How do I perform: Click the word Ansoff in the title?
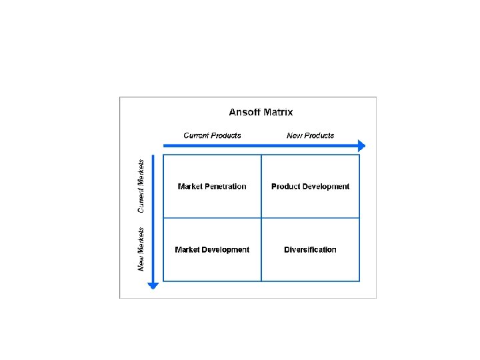click(x=245, y=113)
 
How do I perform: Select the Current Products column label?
click(x=212, y=135)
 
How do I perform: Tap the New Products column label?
click(x=310, y=135)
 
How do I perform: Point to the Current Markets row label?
click(x=141, y=186)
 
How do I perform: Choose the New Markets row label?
click(x=141, y=249)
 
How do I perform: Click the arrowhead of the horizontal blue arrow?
click(x=361, y=145)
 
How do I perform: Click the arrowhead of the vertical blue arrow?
click(x=153, y=285)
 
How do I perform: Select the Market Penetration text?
click(x=212, y=187)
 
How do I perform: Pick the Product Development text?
click(x=310, y=187)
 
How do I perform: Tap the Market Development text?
click(x=212, y=250)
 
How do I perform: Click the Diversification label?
click(x=310, y=250)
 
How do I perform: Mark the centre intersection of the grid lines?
click(x=261, y=218)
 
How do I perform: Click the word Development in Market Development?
click(x=227, y=250)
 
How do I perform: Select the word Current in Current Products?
click(x=199, y=135)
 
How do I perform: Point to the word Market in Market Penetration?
click(x=191, y=187)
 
